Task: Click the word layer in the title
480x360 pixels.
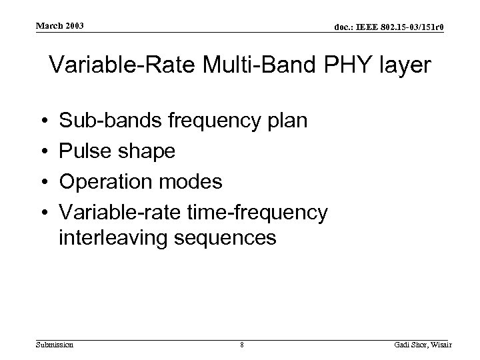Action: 398,67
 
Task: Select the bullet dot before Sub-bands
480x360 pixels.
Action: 42,121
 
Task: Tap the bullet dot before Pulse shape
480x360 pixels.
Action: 42,151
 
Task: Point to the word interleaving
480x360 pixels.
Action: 114,237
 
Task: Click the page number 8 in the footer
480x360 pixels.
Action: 241,345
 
